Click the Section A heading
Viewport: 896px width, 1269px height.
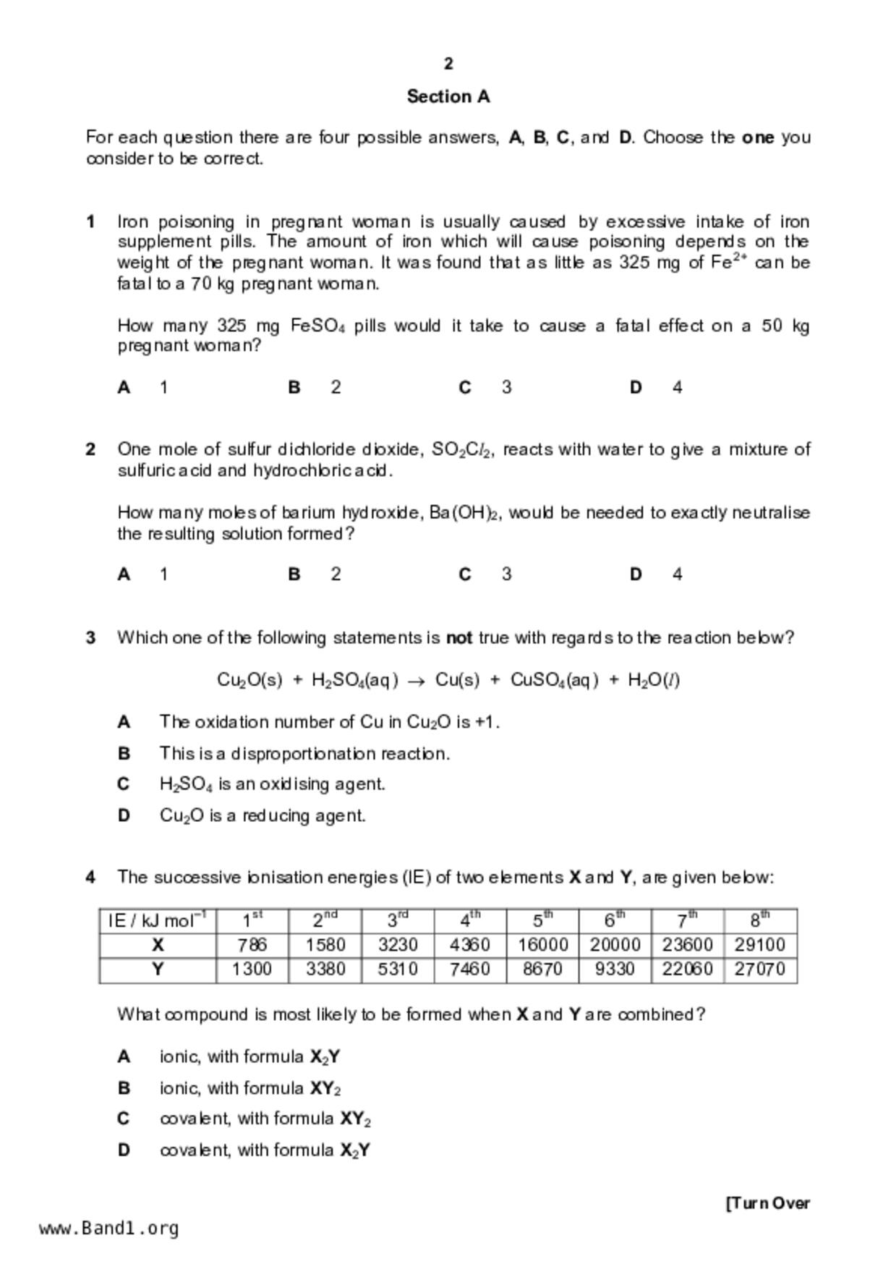(x=448, y=96)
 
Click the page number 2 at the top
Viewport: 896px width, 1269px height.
(x=448, y=64)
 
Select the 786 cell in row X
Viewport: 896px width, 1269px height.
(x=252, y=945)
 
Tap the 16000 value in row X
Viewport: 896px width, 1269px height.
(x=542, y=945)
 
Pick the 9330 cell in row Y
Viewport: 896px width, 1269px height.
(x=615, y=969)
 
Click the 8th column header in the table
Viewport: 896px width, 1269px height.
(x=759, y=920)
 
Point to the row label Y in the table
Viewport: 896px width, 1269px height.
(x=158, y=969)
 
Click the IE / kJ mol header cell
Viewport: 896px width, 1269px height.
(x=157, y=920)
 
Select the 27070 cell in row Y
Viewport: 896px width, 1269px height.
(x=759, y=969)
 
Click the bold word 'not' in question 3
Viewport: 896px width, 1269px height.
(x=459, y=638)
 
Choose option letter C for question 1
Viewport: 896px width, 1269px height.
(x=465, y=388)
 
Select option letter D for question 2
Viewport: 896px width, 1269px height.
(x=636, y=574)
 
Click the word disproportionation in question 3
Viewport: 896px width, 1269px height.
(x=304, y=754)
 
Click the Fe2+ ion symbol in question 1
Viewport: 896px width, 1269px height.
(x=728, y=262)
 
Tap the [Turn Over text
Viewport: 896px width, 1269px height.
(x=767, y=1203)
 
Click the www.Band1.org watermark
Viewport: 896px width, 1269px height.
(x=109, y=1228)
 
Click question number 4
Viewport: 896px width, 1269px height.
(x=90, y=878)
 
